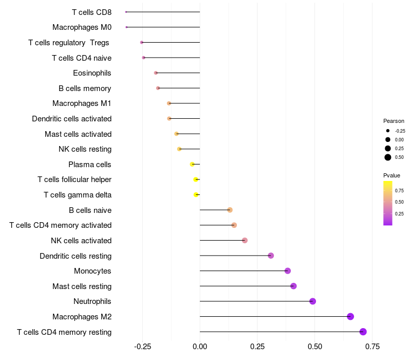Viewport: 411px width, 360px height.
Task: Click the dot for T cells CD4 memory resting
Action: [363, 332]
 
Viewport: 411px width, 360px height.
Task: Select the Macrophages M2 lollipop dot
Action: [350, 317]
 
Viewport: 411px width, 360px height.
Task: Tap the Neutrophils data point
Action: [312, 301]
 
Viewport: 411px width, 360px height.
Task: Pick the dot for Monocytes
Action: [288, 271]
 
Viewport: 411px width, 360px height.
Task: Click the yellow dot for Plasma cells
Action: [192, 164]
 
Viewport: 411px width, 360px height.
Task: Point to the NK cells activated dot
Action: [245, 241]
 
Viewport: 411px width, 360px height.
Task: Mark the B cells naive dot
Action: [230, 210]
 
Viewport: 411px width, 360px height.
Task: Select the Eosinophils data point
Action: [156, 73]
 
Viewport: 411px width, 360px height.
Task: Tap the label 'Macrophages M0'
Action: [82, 27]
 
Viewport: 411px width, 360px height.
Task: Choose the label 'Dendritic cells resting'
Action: [76, 256]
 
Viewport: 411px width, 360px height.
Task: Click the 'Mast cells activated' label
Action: [78, 134]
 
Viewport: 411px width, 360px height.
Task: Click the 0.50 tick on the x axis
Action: [315, 346]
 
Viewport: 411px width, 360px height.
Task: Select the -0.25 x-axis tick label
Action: [142, 346]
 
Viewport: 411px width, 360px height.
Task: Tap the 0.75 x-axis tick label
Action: [372, 346]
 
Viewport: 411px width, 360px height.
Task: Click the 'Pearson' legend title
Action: [394, 121]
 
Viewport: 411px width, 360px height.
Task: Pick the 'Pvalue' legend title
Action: [391, 175]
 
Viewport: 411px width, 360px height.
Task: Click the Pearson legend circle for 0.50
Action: [388, 157]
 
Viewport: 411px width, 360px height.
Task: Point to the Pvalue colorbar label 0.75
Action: [399, 190]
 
